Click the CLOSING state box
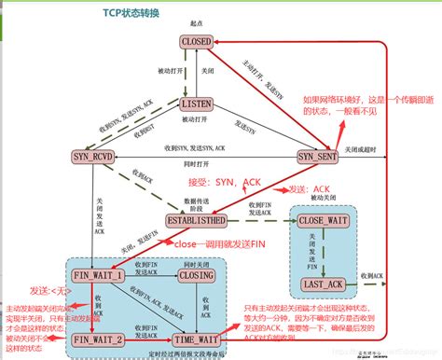pyautogui.click(x=199, y=278)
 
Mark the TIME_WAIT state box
pyautogui.click(x=199, y=339)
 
